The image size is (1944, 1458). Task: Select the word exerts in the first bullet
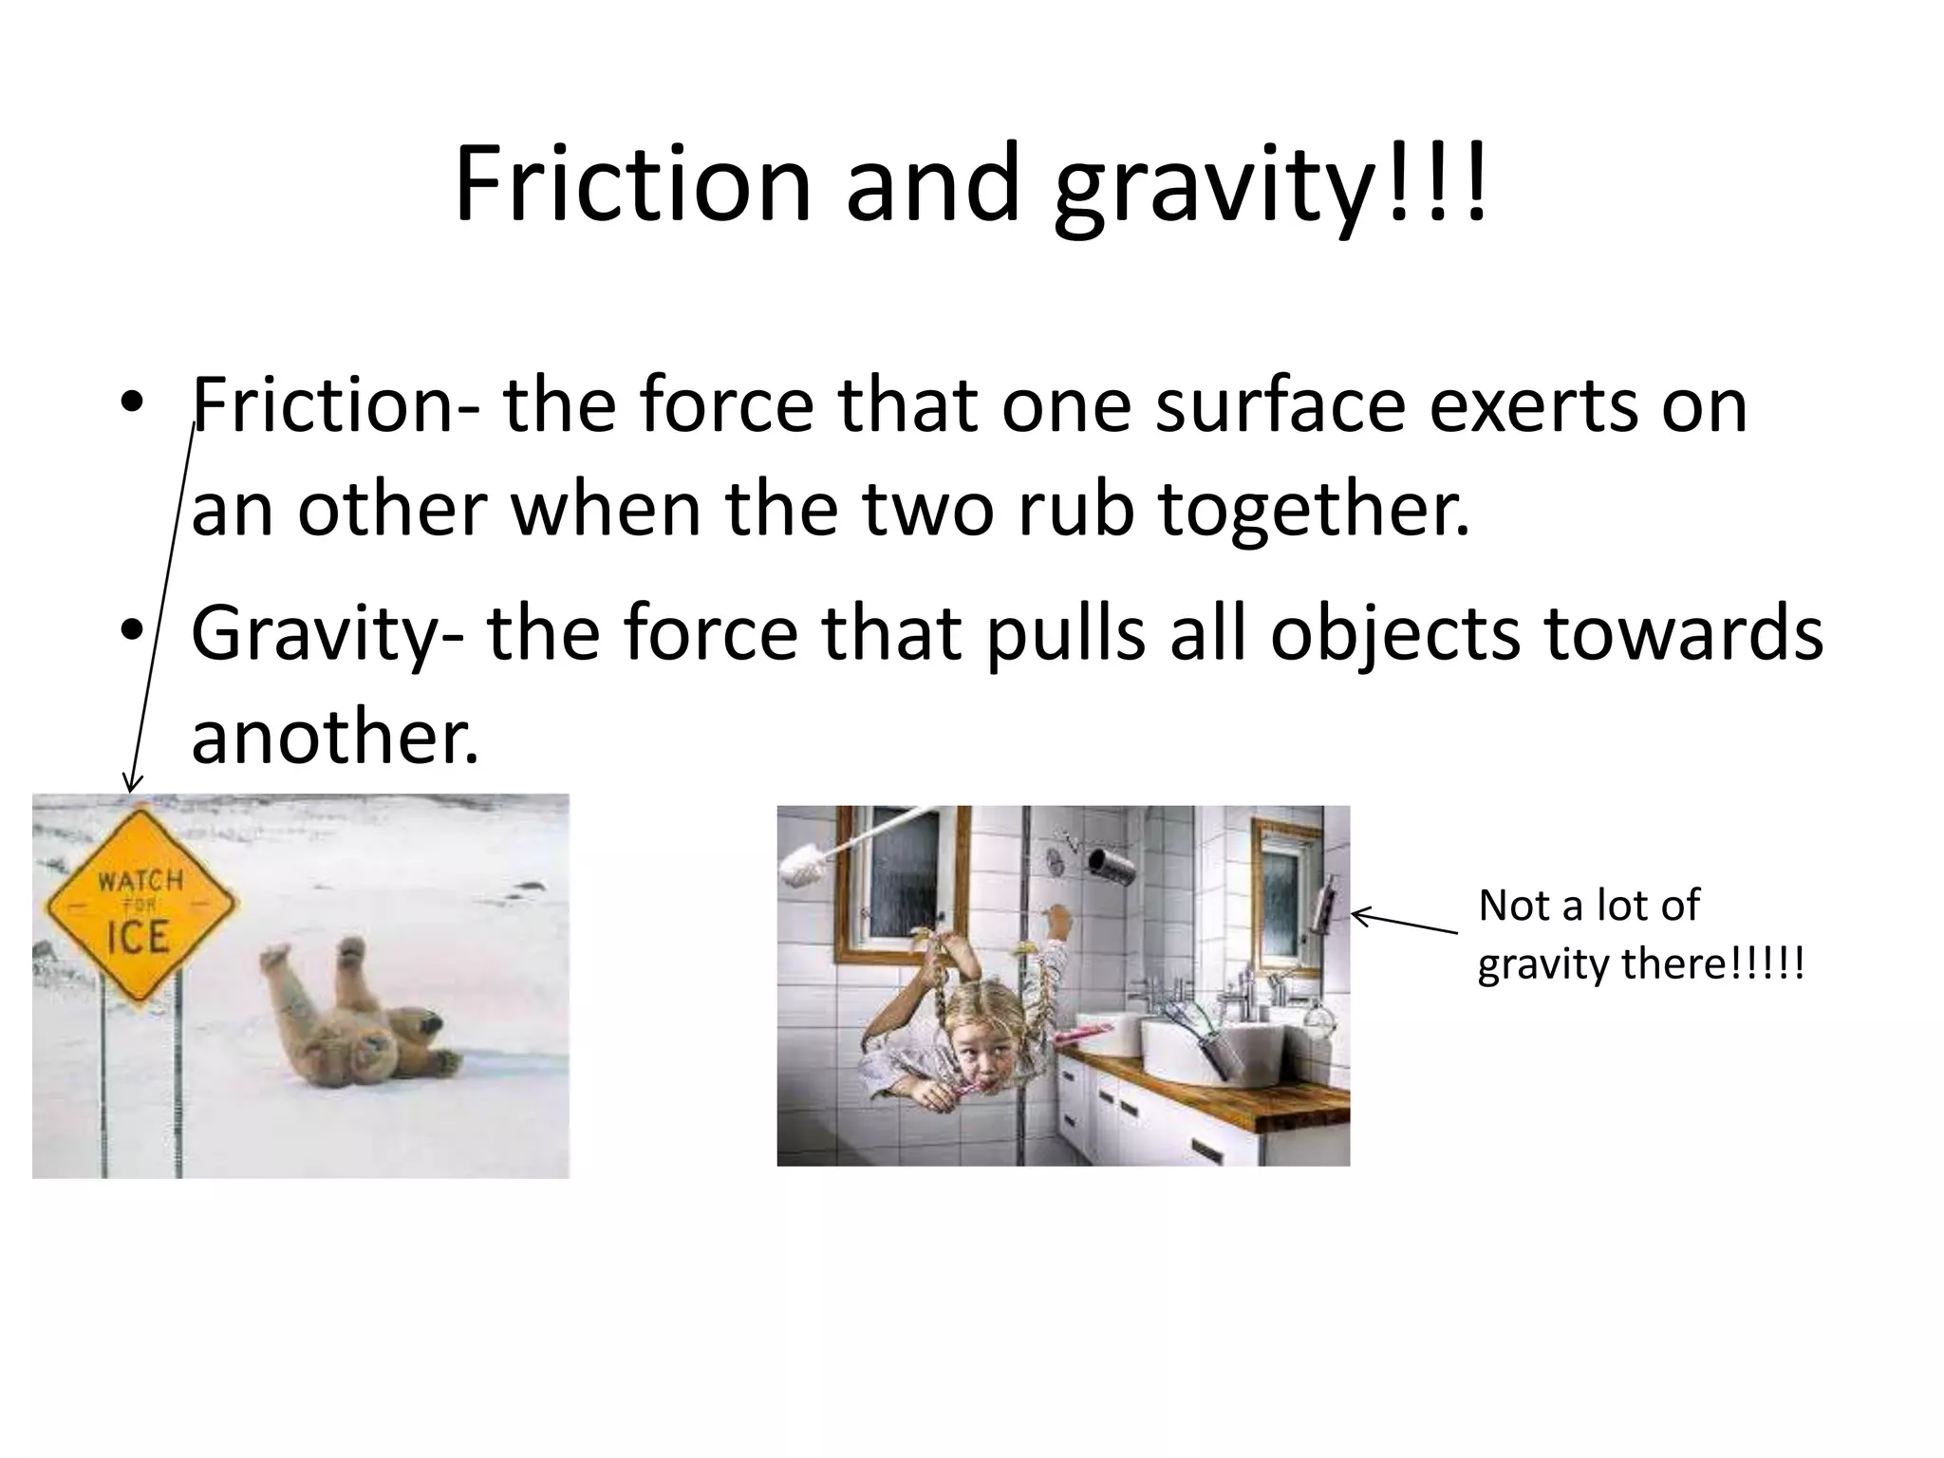[1530, 405]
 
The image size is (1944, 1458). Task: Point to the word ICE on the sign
[138, 938]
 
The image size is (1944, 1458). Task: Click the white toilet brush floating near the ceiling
[807, 863]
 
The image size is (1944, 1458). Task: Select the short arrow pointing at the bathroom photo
[1403, 923]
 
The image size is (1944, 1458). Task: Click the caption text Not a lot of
[1588, 906]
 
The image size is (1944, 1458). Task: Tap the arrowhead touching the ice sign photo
[133, 783]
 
